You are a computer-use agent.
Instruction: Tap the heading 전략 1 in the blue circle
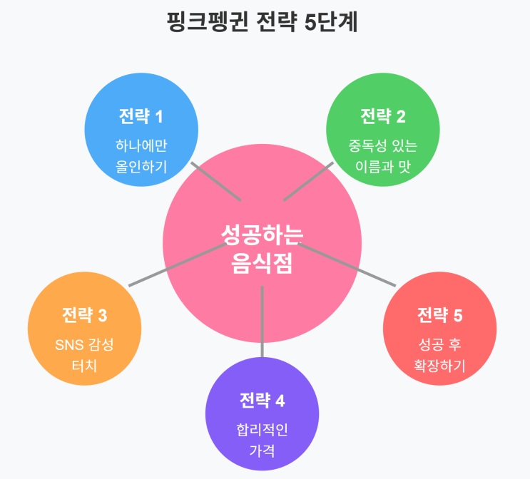[x=141, y=115]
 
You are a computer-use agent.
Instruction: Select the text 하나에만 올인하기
[x=141, y=156]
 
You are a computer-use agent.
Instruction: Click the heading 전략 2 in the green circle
[x=382, y=115]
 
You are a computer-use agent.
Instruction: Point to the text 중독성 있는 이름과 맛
[x=382, y=156]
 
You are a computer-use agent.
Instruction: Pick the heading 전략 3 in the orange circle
[x=84, y=314]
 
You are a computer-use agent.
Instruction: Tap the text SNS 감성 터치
[x=84, y=355]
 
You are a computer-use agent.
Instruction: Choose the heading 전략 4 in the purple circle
[x=262, y=400]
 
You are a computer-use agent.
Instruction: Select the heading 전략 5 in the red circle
[x=439, y=314]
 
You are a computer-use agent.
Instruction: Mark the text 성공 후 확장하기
[x=439, y=355]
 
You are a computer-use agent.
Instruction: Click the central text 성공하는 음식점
[x=262, y=249]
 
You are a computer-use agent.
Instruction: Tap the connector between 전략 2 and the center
[x=308, y=181]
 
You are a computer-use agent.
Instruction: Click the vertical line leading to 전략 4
[x=262, y=321]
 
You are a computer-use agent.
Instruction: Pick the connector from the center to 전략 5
[x=347, y=264]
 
